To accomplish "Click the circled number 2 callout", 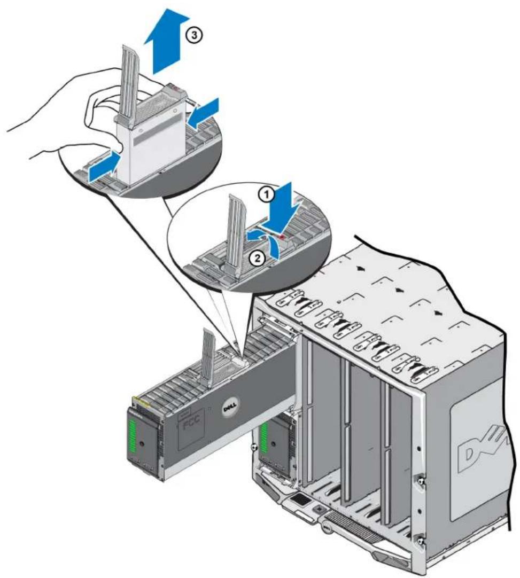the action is tap(257, 257).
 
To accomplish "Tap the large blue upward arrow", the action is tap(165, 39).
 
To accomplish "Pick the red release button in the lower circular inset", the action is tap(283, 238).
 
